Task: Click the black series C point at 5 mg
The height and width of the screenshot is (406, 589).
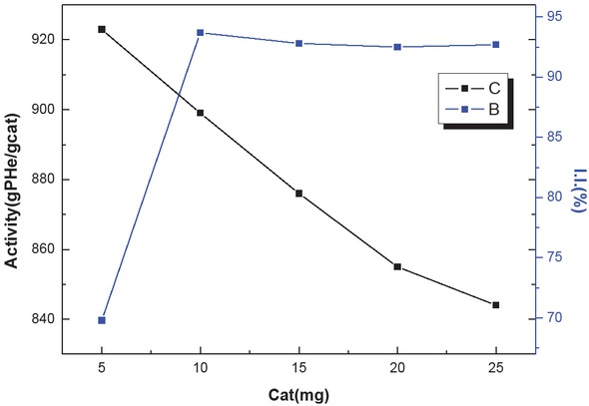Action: pyautogui.click(x=102, y=29)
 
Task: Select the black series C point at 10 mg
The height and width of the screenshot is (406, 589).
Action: pyautogui.click(x=201, y=113)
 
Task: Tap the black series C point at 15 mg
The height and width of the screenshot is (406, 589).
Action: pyautogui.click(x=298, y=193)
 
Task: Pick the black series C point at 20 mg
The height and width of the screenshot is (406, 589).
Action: pyautogui.click(x=397, y=266)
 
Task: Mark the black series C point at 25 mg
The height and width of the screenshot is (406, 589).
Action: pyautogui.click(x=495, y=304)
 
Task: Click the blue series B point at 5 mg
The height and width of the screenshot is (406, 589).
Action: pyautogui.click(x=102, y=320)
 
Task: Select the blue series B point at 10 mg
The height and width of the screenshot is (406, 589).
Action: pyautogui.click(x=201, y=33)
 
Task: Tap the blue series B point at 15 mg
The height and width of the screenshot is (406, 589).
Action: pyautogui.click(x=298, y=43)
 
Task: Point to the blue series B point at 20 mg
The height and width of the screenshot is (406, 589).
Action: pyautogui.click(x=397, y=47)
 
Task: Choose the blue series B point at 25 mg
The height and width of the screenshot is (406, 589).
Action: pyautogui.click(x=495, y=45)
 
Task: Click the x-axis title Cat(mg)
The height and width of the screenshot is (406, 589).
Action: pyautogui.click(x=298, y=393)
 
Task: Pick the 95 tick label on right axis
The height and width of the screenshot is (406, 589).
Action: pyautogui.click(x=551, y=17)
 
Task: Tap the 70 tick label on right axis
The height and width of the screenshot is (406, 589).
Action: pyautogui.click(x=551, y=318)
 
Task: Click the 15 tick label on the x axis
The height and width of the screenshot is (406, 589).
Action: pyautogui.click(x=298, y=366)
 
